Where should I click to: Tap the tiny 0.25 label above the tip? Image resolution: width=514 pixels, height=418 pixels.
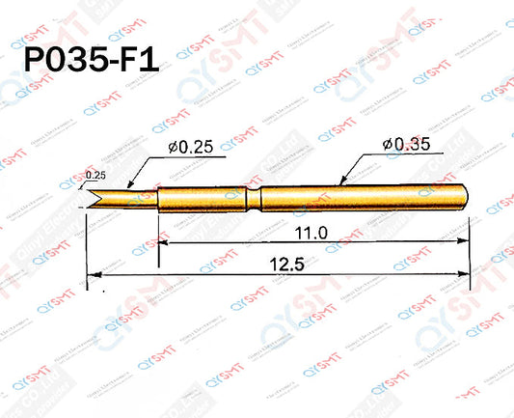[x=95, y=175]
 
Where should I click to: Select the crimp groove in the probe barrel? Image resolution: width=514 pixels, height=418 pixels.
[x=254, y=200]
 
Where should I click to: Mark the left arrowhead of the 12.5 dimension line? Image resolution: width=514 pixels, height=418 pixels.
[x=92, y=278]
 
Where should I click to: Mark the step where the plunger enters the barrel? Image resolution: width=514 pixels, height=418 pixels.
[x=158, y=199]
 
